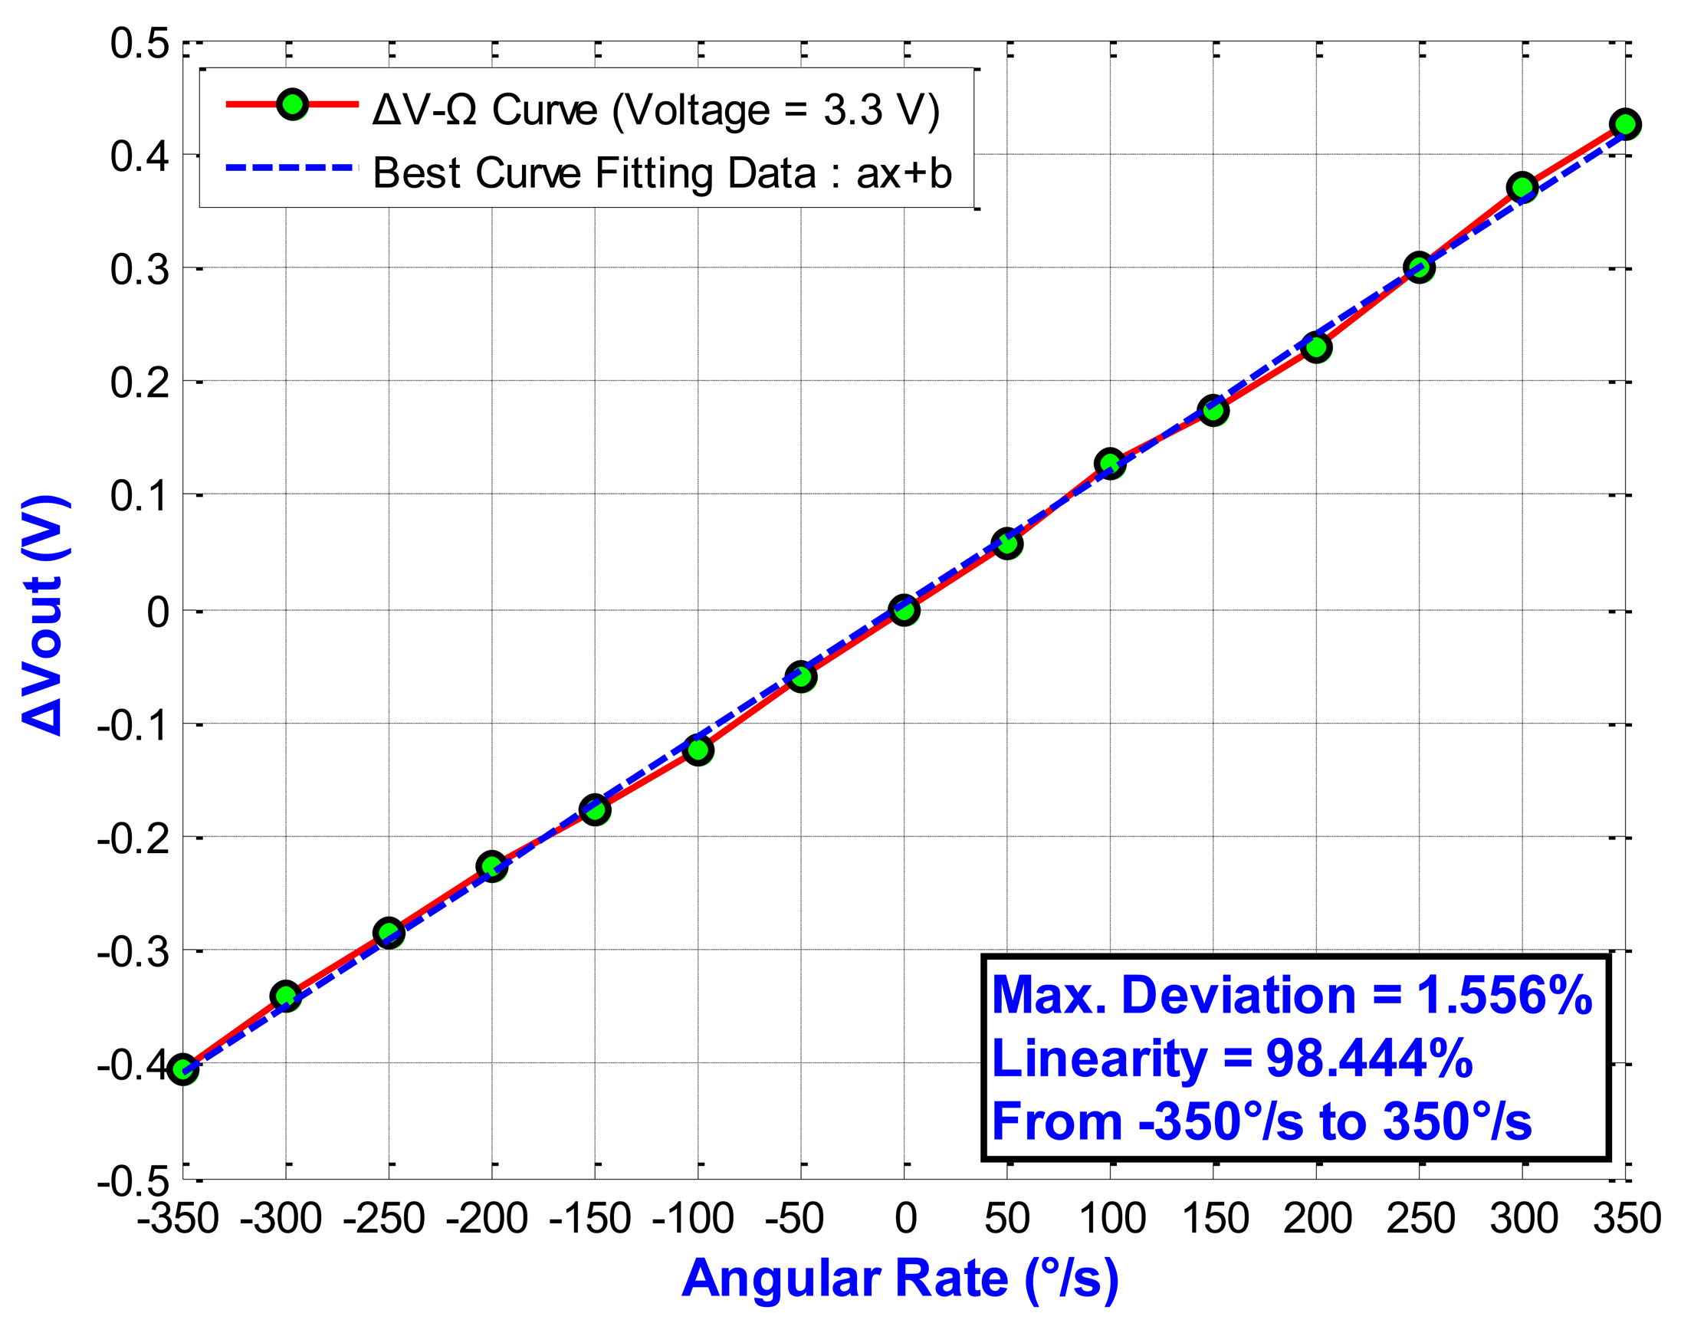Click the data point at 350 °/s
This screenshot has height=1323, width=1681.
click(x=1625, y=124)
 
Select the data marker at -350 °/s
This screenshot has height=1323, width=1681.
click(x=183, y=1069)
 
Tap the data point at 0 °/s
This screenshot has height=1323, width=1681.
click(x=904, y=610)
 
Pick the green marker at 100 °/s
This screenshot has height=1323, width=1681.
click(x=1110, y=463)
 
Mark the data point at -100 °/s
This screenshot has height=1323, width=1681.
click(x=698, y=750)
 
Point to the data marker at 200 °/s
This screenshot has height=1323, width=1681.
click(x=1316, y=347)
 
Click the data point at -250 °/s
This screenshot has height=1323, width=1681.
click(x=389, y=934)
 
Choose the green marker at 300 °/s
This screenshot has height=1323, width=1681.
click(x=1522, y=188)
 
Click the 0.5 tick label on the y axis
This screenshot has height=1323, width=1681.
click(x=140, y=44)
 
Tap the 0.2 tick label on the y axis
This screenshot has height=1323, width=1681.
click(x=140, y=382)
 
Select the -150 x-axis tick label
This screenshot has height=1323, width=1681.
click(x=589, y=1219)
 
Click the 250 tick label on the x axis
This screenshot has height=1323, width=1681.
click(x=1420, y=1219)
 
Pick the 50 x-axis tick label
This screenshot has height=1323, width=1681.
click(x=1007, y=1219)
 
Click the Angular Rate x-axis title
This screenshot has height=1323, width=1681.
click(x=900, y=1278)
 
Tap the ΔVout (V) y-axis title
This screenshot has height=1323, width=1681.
click(x=45, y=613)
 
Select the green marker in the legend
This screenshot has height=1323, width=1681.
click(x=293, y=103)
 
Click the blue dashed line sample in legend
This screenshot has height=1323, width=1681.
click(x=292, y=167)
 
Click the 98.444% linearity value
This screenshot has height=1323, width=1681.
click(x=1369, y=1058)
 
